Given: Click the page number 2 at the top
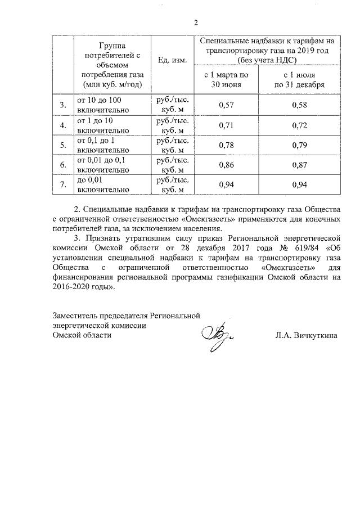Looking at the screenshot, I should coord(196,23).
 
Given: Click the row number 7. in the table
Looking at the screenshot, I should coord(63,185).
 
